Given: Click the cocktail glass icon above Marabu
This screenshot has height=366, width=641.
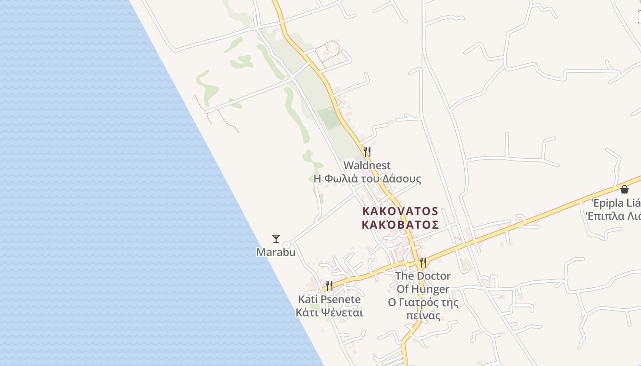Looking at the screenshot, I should point(276,238).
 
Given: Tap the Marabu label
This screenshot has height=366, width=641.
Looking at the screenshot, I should point(276,252).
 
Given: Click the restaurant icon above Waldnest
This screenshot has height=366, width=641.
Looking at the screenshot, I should point(367,151).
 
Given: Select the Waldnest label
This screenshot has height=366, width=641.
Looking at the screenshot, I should point(367,165).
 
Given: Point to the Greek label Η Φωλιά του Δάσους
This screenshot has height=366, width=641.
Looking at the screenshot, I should point(367,178).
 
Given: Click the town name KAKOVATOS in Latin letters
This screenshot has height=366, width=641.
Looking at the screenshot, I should point(400,211).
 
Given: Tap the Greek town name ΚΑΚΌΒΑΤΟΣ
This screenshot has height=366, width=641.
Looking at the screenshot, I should point(400,225).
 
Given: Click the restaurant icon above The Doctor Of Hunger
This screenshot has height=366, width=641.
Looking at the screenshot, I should point(423,263).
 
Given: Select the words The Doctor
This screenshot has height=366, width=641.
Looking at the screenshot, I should point(423,276).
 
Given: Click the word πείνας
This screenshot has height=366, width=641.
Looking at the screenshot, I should point(423,316).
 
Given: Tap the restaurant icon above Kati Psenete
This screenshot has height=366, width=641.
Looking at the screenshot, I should point(329,286).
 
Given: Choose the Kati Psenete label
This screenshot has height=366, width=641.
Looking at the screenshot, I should point(329,300).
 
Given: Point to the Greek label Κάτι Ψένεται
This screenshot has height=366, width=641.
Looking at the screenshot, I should point(329,313).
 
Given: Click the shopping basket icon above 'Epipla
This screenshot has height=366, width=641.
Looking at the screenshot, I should point(625,189).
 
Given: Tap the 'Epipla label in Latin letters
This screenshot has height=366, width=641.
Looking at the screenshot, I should point(615,203).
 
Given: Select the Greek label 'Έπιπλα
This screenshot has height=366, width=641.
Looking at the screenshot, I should point(614,216).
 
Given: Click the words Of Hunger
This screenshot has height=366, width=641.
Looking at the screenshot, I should point(423,289).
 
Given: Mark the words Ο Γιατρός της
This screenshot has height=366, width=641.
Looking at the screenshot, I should point(423,302).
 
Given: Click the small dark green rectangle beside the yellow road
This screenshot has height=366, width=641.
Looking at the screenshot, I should point(329,118).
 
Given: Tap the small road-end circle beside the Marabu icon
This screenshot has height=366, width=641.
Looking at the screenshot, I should point(286,245).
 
